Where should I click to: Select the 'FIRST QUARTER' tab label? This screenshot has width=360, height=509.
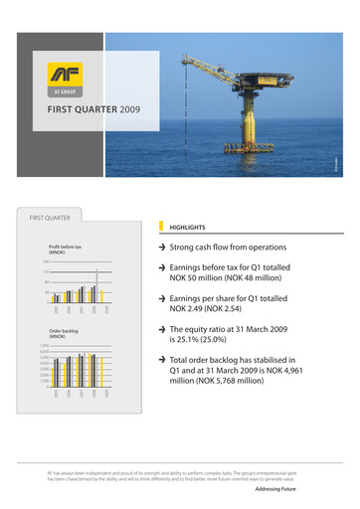pyautogui.click(x=49, y=216)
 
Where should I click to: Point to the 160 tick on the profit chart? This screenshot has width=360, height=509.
pyautogui.click(x=45, y=261)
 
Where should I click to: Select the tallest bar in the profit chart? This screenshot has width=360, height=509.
pyautogui.click(x=95, y=286)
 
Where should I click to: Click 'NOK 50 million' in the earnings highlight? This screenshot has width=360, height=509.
pyautogui.click(x=213, y=278)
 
